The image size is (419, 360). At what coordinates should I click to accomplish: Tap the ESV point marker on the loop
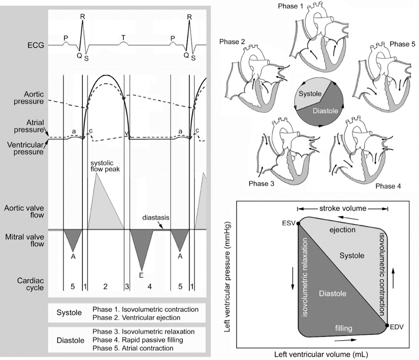pyautogui.click(x=298, y=224)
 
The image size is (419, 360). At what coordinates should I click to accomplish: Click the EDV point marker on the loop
pyautogui.click(x=387, y=325)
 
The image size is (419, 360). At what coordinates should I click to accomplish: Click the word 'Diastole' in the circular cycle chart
pyautogui.click(x=324, y=112)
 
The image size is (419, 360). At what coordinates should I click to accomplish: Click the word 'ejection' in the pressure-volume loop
pyautogui.click(x=343, y=230)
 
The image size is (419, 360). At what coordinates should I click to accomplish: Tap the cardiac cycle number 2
pyautogui.click(x=105, y=287)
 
